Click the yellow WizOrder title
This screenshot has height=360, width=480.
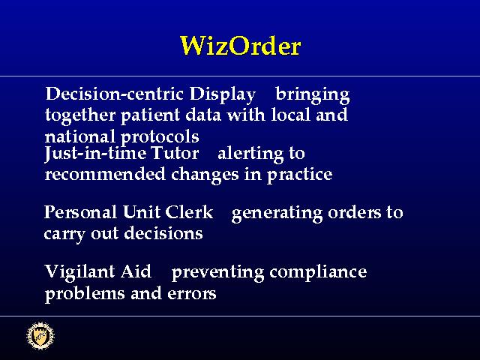tap(241, 46)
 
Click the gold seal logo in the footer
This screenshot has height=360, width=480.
tap(40, 336)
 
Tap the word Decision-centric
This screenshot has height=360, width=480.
tap(115, 94)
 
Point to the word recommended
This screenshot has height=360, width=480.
tap(105, 174)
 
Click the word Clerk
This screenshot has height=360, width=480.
tap(189, 211)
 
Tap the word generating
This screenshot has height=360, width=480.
tap(277, 213)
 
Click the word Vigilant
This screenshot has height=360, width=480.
tap(80, 272)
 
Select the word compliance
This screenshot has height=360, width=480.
tap(318, 272)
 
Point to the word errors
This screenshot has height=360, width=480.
tap(192, 293)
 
